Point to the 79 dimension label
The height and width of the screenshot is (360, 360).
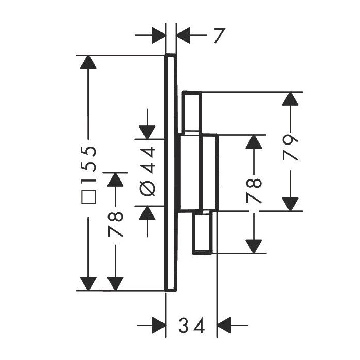(292, 149)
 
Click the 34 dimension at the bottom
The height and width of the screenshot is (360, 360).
(191, 326)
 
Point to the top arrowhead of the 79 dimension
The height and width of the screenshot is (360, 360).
(292, 100)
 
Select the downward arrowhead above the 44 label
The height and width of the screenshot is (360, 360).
(147, 131)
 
